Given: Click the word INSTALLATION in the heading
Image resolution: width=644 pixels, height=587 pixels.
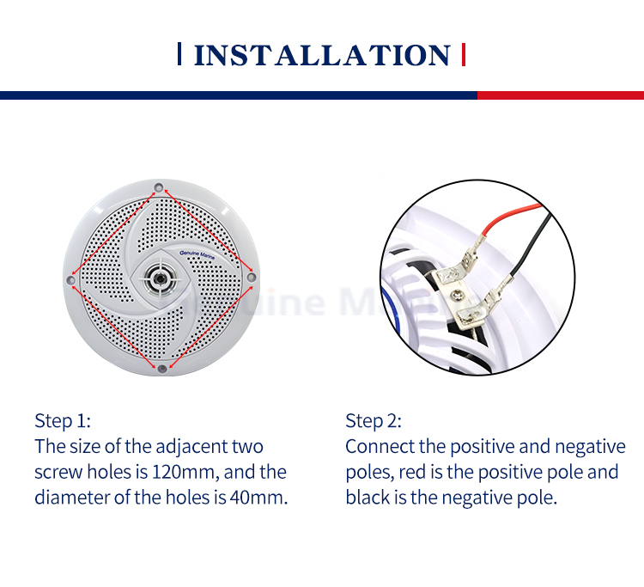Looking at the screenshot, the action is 322,55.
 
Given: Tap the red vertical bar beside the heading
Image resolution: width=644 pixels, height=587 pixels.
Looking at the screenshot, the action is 464,54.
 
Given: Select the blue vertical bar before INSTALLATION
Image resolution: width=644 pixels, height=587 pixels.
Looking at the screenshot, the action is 179,54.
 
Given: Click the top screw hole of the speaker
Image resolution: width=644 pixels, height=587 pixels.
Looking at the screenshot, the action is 159,187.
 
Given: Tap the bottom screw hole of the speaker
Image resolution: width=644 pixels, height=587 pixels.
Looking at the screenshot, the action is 162,369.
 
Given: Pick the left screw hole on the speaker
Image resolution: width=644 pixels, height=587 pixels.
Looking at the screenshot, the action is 70,280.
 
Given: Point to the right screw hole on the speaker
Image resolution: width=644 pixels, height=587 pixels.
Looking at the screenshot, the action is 252,277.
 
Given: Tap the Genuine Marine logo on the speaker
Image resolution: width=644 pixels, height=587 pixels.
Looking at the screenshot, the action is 197,254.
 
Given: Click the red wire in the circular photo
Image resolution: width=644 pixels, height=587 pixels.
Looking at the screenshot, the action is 509,215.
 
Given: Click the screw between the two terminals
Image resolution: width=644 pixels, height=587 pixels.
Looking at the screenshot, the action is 455,294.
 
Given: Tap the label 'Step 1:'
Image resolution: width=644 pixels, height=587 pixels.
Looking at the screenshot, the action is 63,421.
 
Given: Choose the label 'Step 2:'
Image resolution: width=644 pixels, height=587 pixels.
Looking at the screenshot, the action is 374,421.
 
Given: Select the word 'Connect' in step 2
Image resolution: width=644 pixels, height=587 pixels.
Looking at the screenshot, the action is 380,446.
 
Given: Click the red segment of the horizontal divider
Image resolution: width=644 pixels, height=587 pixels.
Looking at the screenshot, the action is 561,95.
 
